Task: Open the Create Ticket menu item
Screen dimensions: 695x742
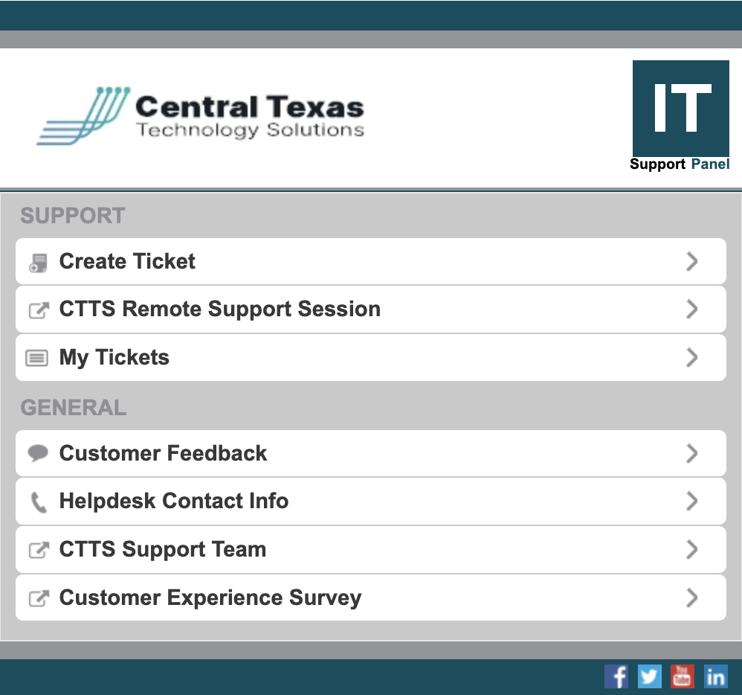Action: click(x=128, y=261)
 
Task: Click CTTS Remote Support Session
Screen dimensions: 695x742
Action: click(x=219, y=309)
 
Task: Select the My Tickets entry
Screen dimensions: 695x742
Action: click(x=114, y=357)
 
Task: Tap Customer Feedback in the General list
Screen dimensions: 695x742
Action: click(x=163, y=453)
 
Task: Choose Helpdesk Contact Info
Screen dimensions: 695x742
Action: click(x=174, y=501)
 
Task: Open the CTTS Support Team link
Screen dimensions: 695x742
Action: click(x=163, y=549)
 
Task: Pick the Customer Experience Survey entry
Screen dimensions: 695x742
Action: click(x=210, y=598)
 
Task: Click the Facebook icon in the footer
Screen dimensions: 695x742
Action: click(x=616, y=676)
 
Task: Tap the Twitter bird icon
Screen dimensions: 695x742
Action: click(x=649, y=676)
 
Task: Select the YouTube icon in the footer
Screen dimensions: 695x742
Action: click(x=682, y=676)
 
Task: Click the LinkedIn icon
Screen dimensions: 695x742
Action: click(x=715, y=676)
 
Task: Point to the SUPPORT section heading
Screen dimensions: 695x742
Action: click(x=73, y=216)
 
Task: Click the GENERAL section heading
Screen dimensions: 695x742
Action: click(x=74, y=408)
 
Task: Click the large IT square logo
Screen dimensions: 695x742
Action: click(x=680, y=108)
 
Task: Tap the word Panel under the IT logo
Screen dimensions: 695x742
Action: click(x=710, y=164)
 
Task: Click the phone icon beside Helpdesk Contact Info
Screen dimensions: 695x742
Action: click(x=38, y=502)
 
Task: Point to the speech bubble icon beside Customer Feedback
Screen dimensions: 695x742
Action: click(x=38, y=453)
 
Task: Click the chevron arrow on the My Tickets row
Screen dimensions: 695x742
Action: click(x=692, y=357)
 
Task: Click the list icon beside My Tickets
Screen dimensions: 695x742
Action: click(x=37, y=358)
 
